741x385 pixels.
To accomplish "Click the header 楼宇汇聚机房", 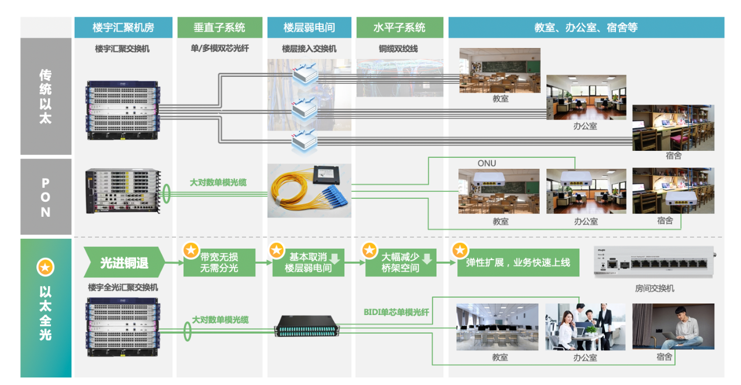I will click(123, 27).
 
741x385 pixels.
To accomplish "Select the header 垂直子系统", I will click(219, 27).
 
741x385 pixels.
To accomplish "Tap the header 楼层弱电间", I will click(309, 27).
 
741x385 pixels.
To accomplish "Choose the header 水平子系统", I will click(399, 27).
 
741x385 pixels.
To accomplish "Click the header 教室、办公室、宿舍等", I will click(586, 27).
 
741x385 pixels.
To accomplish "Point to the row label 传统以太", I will click(45, 97).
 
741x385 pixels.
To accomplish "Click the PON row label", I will click(45, 197).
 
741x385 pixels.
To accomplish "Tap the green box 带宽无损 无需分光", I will click(219, 263).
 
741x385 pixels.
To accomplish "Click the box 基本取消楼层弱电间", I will click(309, 263).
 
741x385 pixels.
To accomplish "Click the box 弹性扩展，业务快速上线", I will click(518, 263).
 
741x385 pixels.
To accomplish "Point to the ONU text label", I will click(487, 164).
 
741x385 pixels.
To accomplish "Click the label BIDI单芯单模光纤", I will click(397, 313).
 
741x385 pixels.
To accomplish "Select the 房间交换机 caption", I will click(654, 288).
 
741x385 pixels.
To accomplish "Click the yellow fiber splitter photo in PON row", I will click(309, 190).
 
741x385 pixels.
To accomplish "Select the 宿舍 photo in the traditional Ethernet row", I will click(673, 127).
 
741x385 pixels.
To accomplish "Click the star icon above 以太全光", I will click(45, 267).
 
